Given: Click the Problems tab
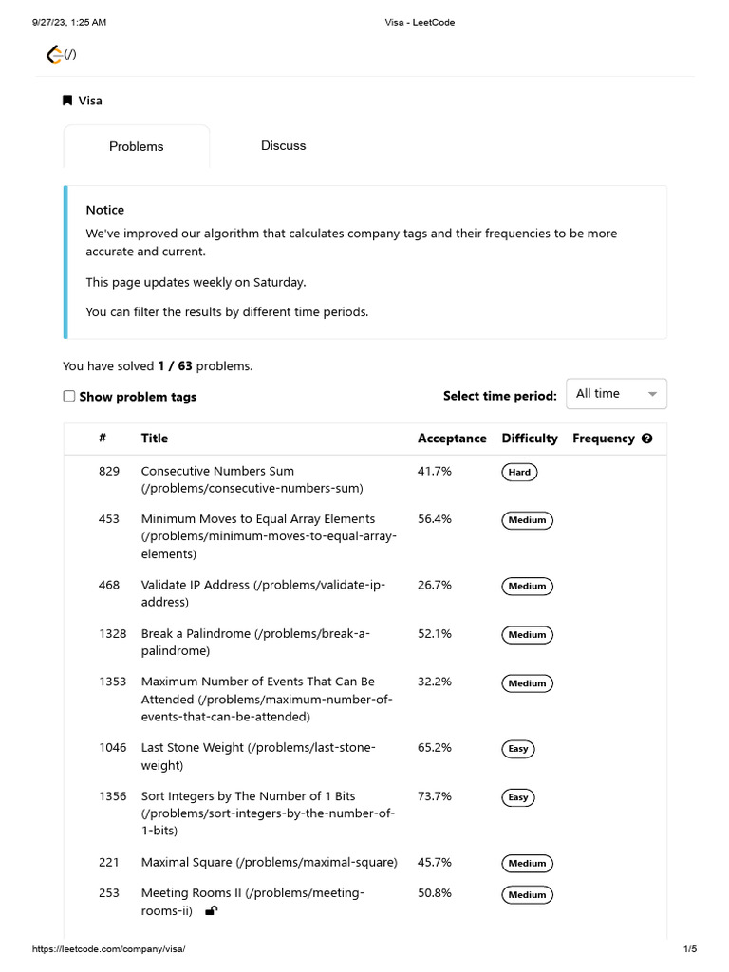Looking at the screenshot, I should tap(136, 146).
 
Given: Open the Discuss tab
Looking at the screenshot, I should tap(283, 145).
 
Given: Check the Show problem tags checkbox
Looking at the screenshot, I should tap(69, 396).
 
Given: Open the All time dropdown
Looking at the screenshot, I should tap(616, 394).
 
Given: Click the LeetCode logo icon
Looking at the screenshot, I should tap(55, 54).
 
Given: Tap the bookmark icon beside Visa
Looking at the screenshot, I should tap(67, 101).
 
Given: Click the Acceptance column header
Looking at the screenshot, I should tap(452, 439).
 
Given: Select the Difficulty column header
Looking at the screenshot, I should tap(530, 439).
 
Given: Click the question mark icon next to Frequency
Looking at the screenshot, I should tap(647, 439).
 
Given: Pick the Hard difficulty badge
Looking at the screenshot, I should tap(519, 472).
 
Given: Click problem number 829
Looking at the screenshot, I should tap(109, 471).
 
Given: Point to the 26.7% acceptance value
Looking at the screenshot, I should tap(435, 585).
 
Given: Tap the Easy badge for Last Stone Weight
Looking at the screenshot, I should tap(517, 749).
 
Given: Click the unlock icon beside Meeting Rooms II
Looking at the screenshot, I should tap(211, 911).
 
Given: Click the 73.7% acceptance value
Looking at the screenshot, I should tap(435, 795).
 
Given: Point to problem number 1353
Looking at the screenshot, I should tap(112, 682).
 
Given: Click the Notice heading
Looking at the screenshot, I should tap(105, 210).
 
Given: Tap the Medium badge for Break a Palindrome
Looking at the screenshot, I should tap(527, 635).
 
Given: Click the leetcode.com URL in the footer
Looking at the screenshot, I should tap(109, 949).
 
